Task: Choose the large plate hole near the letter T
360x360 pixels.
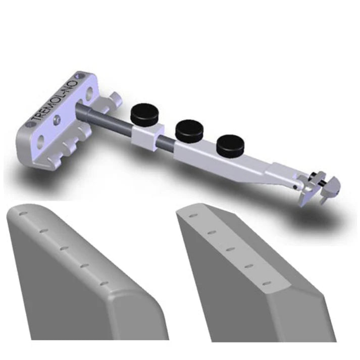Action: click(41, 140)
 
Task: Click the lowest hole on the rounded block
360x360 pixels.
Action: click(105, 283)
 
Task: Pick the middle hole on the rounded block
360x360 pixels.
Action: click(64, 248)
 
